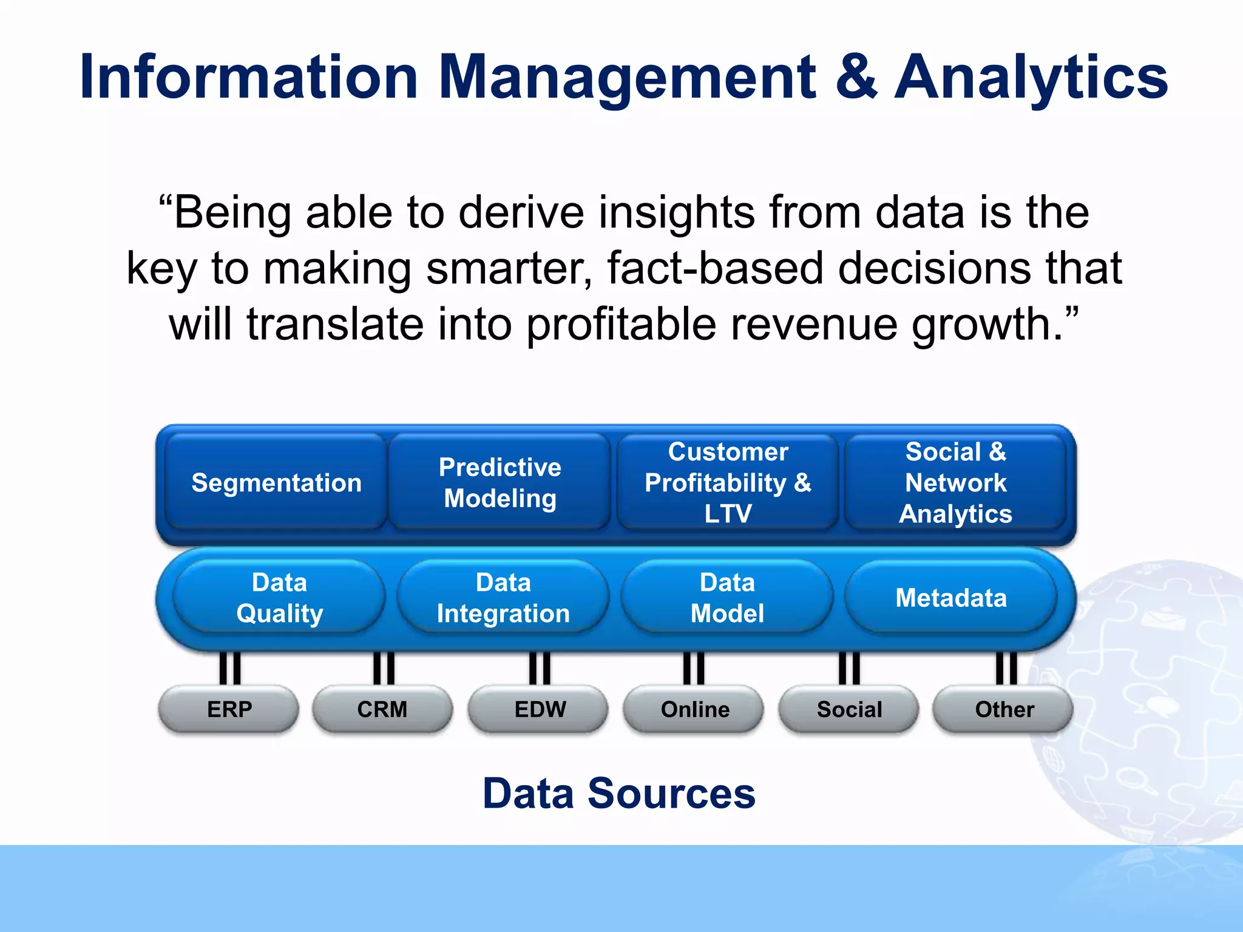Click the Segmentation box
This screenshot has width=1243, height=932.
276,483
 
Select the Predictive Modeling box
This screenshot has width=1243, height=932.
500,483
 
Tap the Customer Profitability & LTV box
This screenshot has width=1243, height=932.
728,483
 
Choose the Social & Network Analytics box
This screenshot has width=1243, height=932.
955,483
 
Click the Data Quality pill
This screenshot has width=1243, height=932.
279,598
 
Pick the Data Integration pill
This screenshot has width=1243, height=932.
503,598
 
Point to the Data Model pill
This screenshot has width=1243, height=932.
727,598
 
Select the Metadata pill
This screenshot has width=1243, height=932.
951,598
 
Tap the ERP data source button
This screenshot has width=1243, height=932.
229,709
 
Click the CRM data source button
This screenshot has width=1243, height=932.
382,709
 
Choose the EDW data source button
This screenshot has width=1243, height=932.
540,709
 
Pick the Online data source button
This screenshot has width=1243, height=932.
694,709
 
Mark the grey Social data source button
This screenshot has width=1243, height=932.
849,709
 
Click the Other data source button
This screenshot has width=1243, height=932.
1004,709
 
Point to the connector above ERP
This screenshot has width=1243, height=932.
230,668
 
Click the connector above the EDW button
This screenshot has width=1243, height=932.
540,668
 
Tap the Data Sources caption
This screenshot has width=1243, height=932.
619,794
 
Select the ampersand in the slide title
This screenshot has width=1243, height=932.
856,77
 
